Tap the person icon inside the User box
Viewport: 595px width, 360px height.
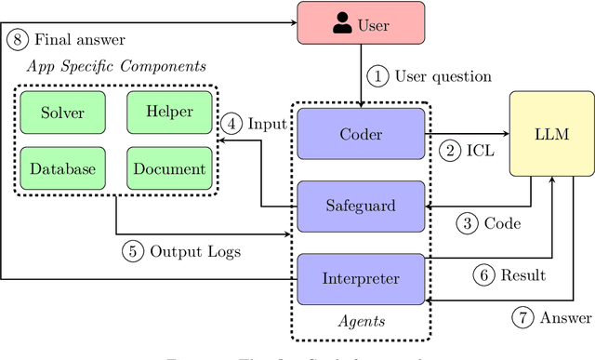(343, 22)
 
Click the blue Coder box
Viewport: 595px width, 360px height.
(361, 134)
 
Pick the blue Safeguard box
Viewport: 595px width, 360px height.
(361, 206)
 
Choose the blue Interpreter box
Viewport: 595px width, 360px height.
(361, 277)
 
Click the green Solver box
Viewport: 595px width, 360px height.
(63, 113)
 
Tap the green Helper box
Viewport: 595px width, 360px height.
(169, 112)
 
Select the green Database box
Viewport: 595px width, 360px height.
(63, 168)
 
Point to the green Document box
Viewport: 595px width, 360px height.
(169, 168)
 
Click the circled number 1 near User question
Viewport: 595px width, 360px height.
(377, 75)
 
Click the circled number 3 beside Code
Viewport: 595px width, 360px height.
(468, 222)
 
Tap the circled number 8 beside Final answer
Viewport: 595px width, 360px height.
(16, 39)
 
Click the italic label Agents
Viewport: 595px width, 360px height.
(361, 322)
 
